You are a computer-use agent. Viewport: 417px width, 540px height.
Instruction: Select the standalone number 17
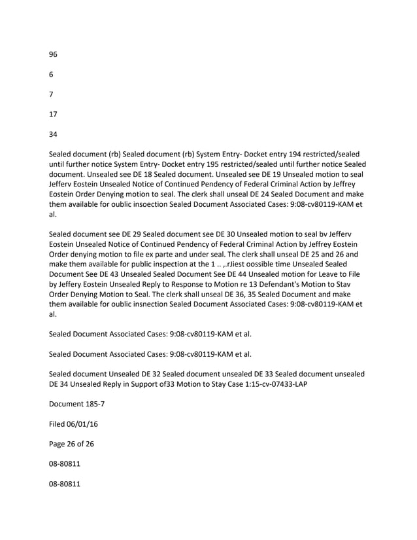point(54,114)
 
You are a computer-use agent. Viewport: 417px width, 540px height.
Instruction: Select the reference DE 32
point(160,373)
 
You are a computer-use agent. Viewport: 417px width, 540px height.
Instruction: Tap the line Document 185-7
point(76,404)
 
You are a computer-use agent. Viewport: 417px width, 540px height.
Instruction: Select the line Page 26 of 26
point(71,444)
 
